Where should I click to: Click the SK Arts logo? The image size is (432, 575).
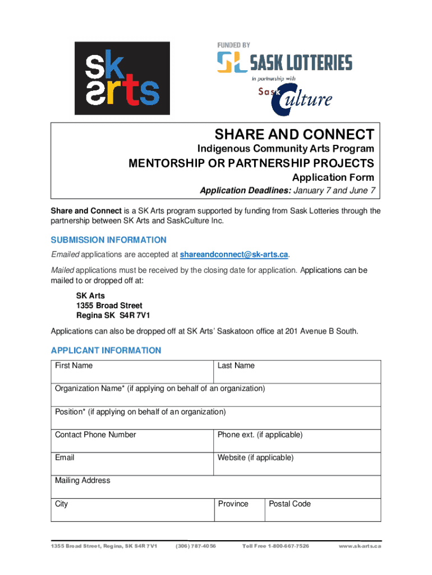122,78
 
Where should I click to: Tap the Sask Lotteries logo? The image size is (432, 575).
284,61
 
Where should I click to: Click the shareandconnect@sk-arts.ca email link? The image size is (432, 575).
234,255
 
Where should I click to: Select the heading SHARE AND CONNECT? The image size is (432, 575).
294,134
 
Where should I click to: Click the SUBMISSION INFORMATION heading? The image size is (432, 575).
108,240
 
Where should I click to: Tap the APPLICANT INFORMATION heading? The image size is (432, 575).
105,350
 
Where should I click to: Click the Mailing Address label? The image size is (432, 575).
82,481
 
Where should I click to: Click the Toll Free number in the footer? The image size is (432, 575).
275,546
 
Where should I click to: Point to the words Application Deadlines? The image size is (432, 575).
245,190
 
